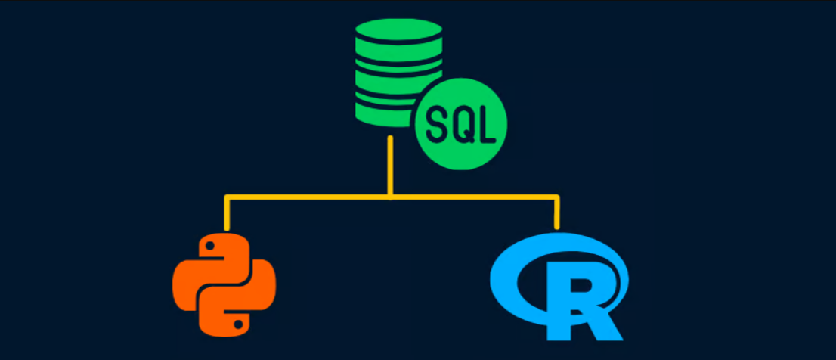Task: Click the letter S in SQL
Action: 437,124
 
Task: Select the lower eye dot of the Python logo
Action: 239,323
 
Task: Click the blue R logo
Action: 559,287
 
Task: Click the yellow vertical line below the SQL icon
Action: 390,166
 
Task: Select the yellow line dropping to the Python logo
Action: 227,213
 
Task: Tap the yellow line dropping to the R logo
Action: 556,213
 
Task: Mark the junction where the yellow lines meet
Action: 390,197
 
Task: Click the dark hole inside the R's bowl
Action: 583,286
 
